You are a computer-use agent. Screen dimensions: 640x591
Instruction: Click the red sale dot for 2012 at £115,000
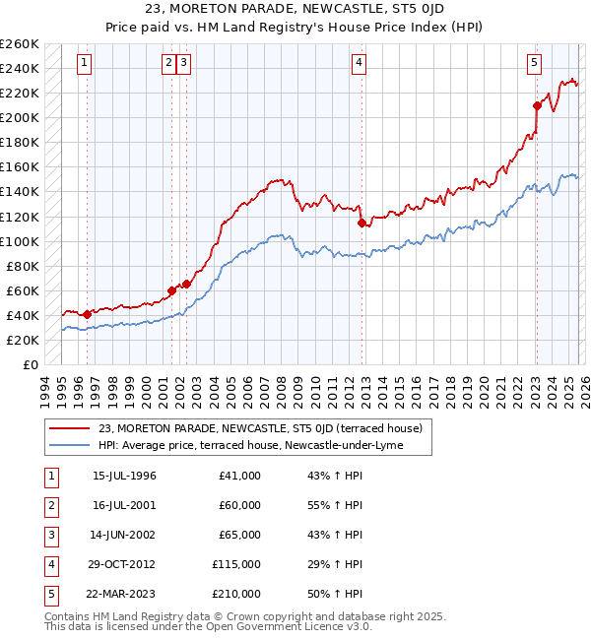click(x=361, y=223)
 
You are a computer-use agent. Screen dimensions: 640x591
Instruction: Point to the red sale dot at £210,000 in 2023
click(x=537, y=105)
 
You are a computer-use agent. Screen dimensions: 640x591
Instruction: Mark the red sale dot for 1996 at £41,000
click(x=87, y=314)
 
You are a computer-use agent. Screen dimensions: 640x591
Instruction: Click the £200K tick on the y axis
click(x=20, y=117)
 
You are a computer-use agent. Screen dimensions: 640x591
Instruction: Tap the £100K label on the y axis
click(x=20, y=241)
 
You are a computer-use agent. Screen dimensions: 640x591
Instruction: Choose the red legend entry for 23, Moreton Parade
click(x=260, y=428)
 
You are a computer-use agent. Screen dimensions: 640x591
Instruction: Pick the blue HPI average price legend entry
click(x=264, y=445)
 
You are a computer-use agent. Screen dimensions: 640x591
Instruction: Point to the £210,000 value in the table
click(x=237, y=594)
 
